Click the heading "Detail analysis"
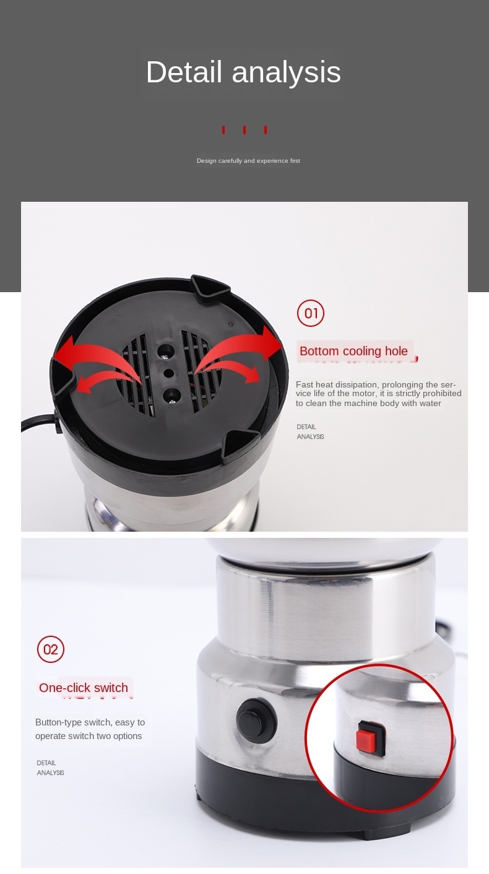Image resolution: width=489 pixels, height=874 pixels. pyautogui.click(x=243, y=72)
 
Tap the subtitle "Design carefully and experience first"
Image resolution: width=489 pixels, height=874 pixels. pyautogui.click(x=248, y=161)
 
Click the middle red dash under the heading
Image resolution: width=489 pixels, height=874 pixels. pyautogui.click(x=244, y=130)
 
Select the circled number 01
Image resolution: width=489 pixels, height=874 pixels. pyautogui.click(x=311, y=313)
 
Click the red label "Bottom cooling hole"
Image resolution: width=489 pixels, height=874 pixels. pyautogui.click(x=353, y=351)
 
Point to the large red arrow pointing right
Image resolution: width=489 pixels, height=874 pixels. pyautogui.click(x=238, y=349)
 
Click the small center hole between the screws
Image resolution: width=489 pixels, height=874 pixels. pyautogui.click(x=168, y=373)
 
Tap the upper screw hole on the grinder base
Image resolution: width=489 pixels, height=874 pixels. pyautogui.click(x=165, y=352)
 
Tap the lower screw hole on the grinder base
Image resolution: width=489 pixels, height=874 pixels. pyautogui.click(x=171, y=396)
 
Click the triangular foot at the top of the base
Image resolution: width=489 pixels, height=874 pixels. pyautogui.click(x=210, y=287)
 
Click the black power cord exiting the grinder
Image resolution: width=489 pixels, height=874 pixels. pyautogui.click(x=38, y=423)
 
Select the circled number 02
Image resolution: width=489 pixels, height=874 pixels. pyautogui.click(x=51, y=649)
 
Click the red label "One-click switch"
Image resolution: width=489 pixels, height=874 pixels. pyautogui.click(x=84, y=688)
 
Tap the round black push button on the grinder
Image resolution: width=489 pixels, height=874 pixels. pyautogui.click(x=256, y=719)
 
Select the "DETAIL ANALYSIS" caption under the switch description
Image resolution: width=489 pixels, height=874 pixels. pyautogui.click(x=50, y=768)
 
